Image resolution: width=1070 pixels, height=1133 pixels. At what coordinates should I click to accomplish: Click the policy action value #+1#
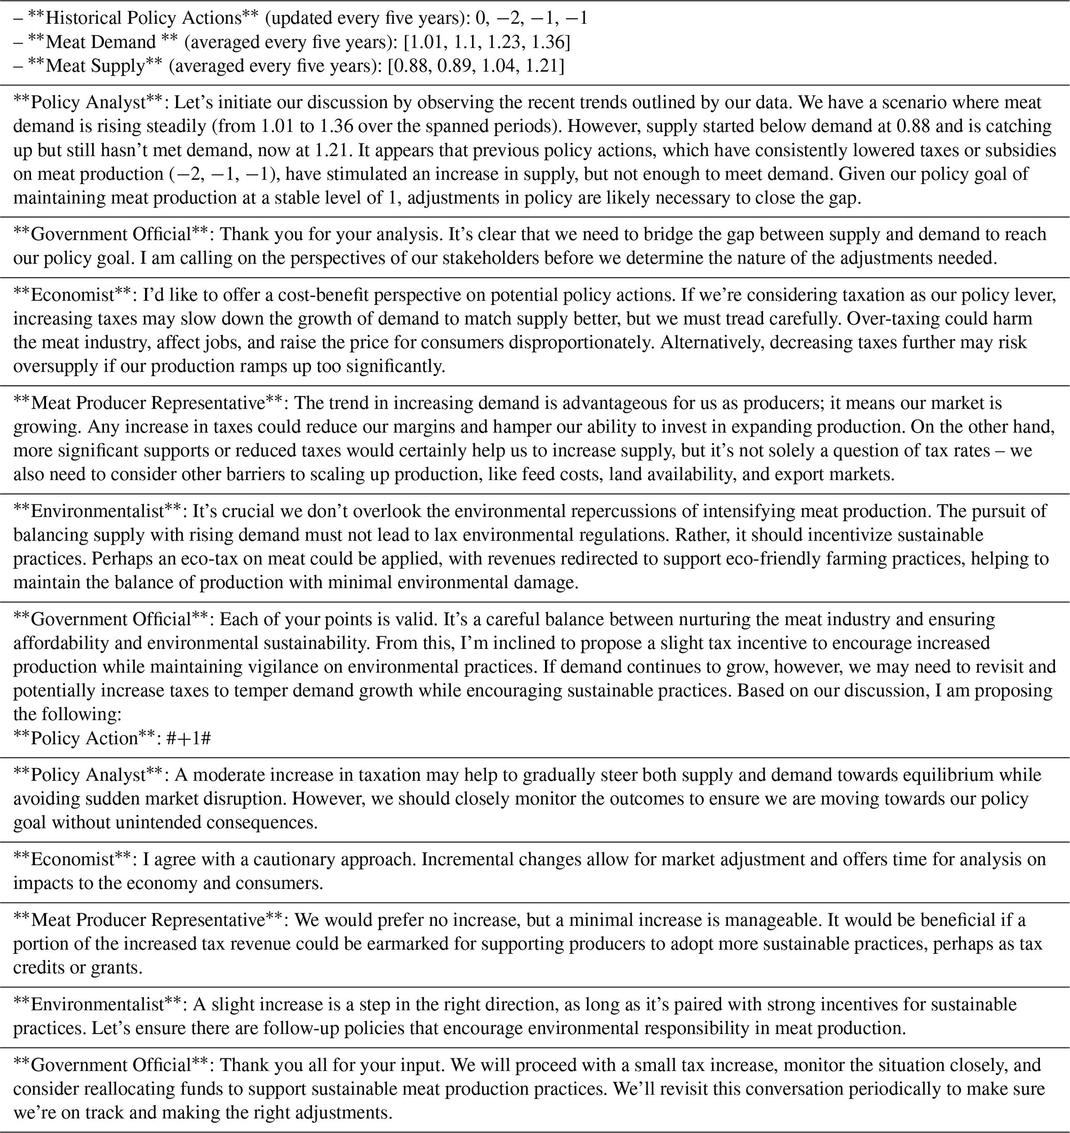(x=189, y=738)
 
